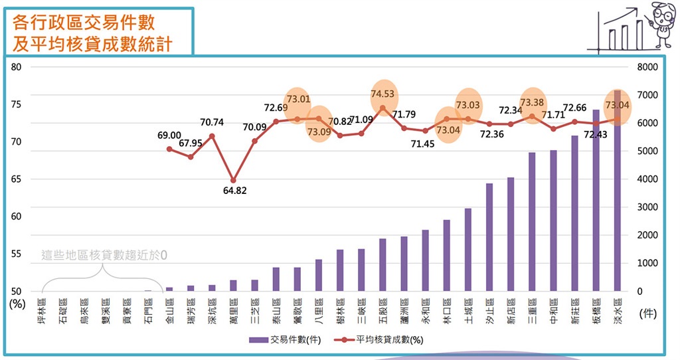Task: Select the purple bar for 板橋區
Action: click(x=596, y=200)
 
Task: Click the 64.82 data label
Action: click(x=233, y=191)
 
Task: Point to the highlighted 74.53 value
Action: click(x=382, y=94)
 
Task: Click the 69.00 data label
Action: click(x=169, y=135)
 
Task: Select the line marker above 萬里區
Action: click(x=233, y=180)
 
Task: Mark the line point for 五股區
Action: click(x=382, y=108)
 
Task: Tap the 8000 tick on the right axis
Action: click(x=646, y=67)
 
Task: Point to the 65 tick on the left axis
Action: click(x=17, y=179)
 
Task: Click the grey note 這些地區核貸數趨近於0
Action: click(x=104, y=255)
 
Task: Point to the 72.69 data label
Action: click(x=276, y=108)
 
